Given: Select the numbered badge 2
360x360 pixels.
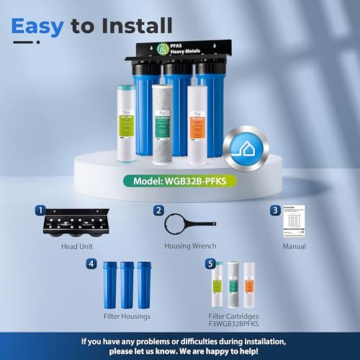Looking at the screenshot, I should coord(158,211).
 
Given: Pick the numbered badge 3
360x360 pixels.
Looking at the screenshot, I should coord(275,211).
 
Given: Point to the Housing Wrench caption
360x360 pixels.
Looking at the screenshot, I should coord(184,246).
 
